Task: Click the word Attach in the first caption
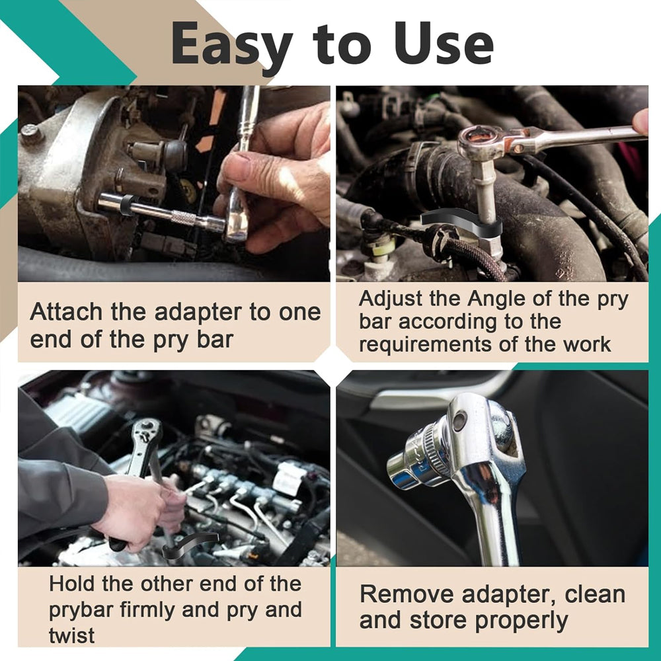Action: click(67, 313)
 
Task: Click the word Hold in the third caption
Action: click(72, 584)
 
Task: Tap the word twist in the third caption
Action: click(71, 636)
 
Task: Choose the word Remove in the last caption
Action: click(407, 594)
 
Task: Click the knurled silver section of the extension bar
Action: click(184, 217)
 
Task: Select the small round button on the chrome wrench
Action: click(459, 421)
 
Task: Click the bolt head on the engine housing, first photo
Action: click(31, 134)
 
